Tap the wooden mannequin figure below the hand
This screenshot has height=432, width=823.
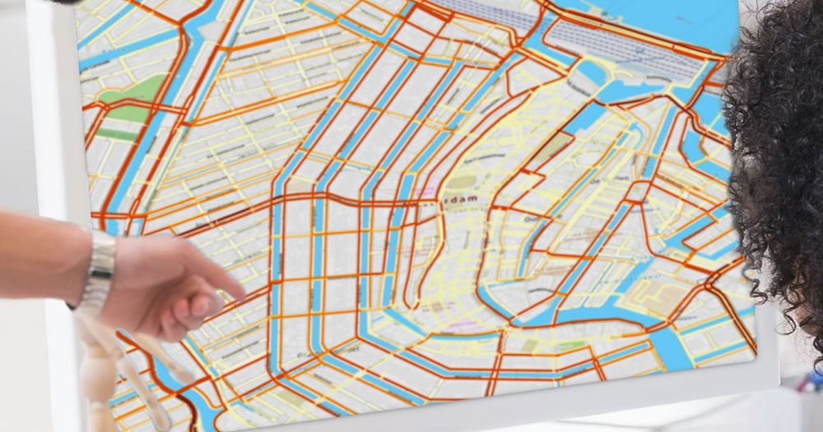click(99, 370)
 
